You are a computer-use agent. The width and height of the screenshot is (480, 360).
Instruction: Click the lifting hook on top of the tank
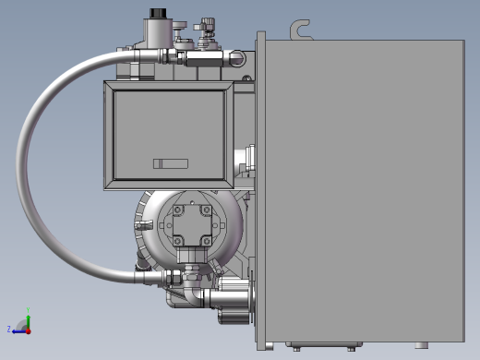(298, 30)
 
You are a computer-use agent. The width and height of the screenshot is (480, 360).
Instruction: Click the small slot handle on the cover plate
(170, 163)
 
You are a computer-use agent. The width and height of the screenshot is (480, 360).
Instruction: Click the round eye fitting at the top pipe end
(239, 60)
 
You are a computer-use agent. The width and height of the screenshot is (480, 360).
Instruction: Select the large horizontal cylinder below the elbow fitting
(227, 300)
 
